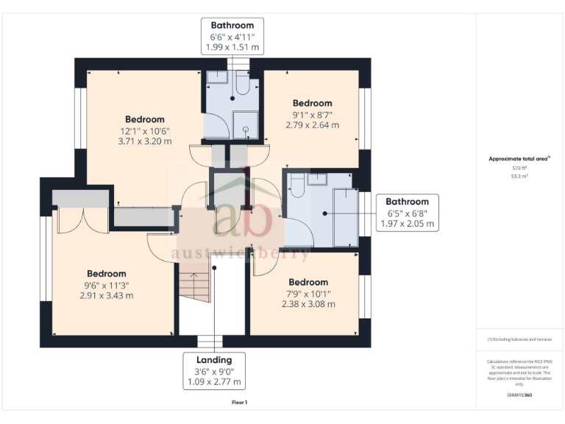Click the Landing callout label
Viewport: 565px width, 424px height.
click(x=214, y=359)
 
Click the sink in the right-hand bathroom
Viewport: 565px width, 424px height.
click(x=318, y=180)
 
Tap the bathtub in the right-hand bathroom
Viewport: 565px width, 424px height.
click(x=346, y=217)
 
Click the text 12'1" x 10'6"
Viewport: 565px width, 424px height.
click(x=145, y=130)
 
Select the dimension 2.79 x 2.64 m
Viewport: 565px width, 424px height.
click(x=312, y=125)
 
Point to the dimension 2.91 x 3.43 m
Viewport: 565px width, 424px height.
click(x=107, y=296)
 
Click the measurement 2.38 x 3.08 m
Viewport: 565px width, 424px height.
click(x=308, y=303)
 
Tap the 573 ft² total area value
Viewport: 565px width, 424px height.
click(x=520, y=168)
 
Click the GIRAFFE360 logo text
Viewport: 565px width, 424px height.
click(x=519, y=395)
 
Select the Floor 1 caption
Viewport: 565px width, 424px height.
click(x=239, y=403)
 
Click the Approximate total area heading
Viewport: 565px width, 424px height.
click(x=519, y=158)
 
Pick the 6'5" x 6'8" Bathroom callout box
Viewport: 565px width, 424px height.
click(x=407, y=212)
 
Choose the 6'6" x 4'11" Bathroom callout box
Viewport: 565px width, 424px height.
click(x=232, y=36)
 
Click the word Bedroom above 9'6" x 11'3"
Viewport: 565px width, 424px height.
click(x=107, y=274)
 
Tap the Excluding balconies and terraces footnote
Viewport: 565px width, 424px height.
click(x=519, y=339)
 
